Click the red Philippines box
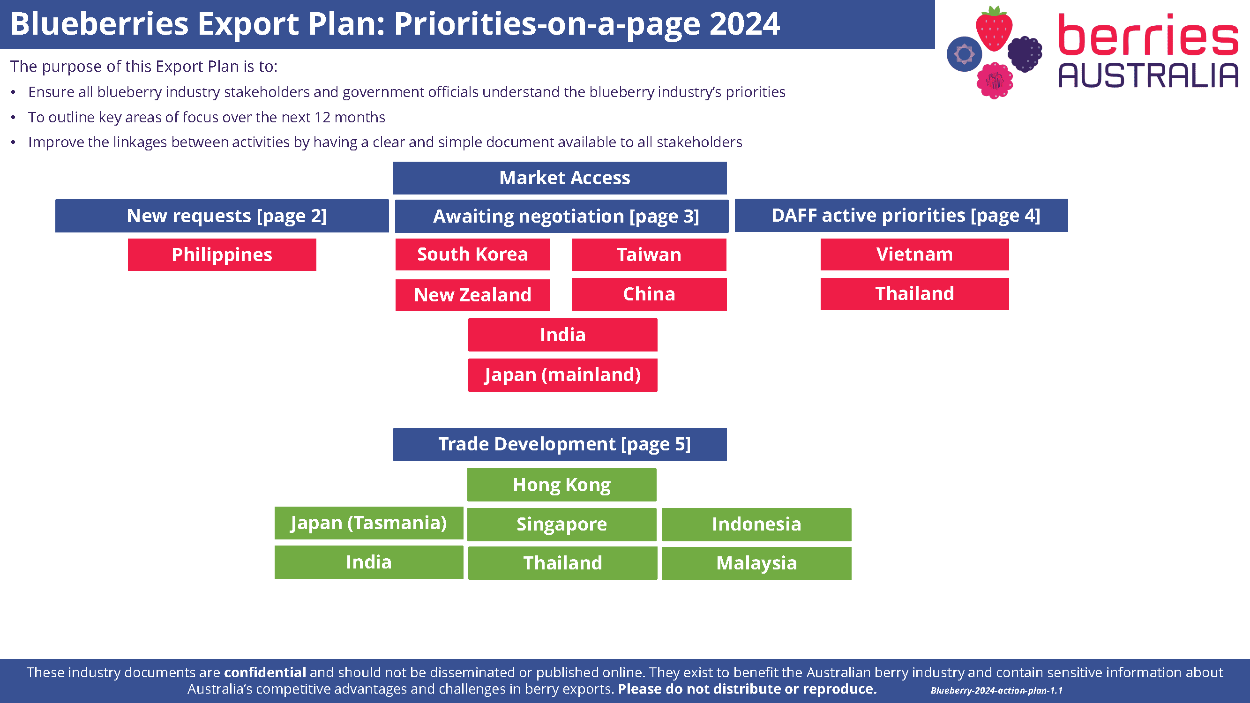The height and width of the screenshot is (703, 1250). click(x=222, y=254)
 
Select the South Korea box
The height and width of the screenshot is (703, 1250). click(x=472, y=254)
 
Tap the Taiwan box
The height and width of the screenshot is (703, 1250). click(x=649, y=254)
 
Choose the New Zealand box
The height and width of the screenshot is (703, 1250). click(x=472, y=295)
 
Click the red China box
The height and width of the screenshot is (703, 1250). click(x=649, y=294)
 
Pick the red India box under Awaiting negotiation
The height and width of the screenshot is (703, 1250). click(x=562, y=335)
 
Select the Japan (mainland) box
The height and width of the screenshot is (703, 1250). click(x=562, y=375)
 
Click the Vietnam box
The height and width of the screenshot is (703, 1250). click(x=914, y=254)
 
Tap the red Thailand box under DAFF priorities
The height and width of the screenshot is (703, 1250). click(x=914, y=293)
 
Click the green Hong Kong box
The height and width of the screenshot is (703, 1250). click(x=561, y=485)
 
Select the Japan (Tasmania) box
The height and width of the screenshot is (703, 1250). click(x=369, y=523)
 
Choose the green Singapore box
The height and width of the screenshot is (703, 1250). click(x=561, y=524)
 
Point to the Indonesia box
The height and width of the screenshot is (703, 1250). click(x=756, y=524)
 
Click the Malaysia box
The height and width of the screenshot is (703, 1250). click(x=756, y=563)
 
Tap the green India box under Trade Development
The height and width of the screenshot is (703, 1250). click(x=369, y=562)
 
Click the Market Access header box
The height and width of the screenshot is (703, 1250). click(x=560, y=178)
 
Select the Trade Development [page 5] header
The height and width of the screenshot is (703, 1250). click(x=560, y=444)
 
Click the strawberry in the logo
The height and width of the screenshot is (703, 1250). click(x=994, y=29)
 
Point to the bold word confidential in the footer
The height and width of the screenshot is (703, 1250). click(x=265, y=673)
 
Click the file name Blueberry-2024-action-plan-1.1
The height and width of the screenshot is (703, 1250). click(x=996, y=690)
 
